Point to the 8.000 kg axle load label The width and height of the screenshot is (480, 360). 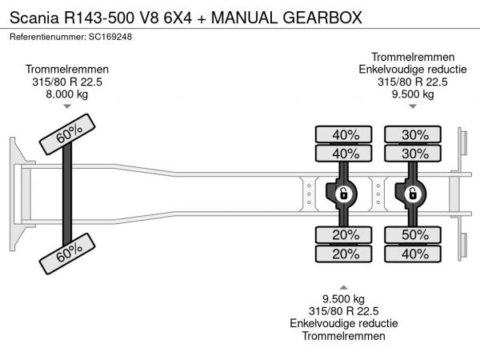[x=67, y=94]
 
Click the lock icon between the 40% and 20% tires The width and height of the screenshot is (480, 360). [x=342, y=193]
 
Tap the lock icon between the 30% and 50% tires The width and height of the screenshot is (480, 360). [x=413, y=193]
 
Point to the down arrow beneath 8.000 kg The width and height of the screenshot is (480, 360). [x=67, y=107]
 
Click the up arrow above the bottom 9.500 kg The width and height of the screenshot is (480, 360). [x=344, y=286]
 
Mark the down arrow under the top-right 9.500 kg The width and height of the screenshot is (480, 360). [x=413, y=107]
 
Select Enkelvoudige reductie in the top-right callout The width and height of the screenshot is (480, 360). [x=413, y=69]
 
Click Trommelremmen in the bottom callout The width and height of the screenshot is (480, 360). [x=344, y=336]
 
